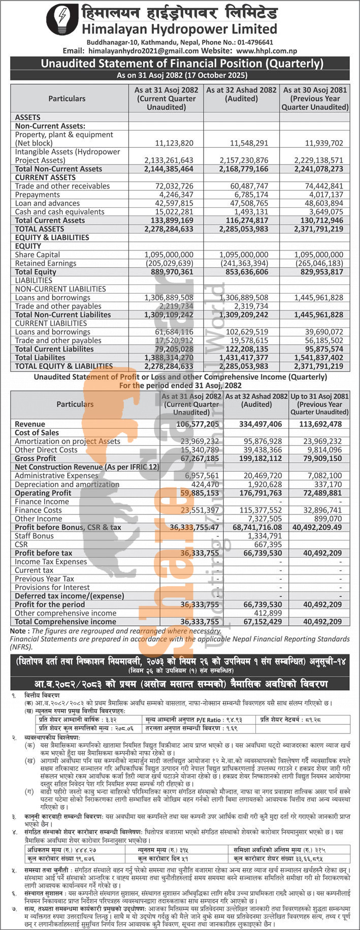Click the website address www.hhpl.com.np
(x=267, y=51)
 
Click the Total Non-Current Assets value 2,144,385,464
(x=169, y=169)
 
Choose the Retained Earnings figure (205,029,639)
(x=169, y=263)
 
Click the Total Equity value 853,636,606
(x=244, y=272)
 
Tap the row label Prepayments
(x=38, y=195)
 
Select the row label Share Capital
(x=37, y=254)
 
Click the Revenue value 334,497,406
(x=257, y=424)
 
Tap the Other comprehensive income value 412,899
(x=267, y=613)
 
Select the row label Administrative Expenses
(x=56, y=476)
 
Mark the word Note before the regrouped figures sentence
(x=19, y=631)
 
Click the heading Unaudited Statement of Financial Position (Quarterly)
(x=182, y=64)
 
